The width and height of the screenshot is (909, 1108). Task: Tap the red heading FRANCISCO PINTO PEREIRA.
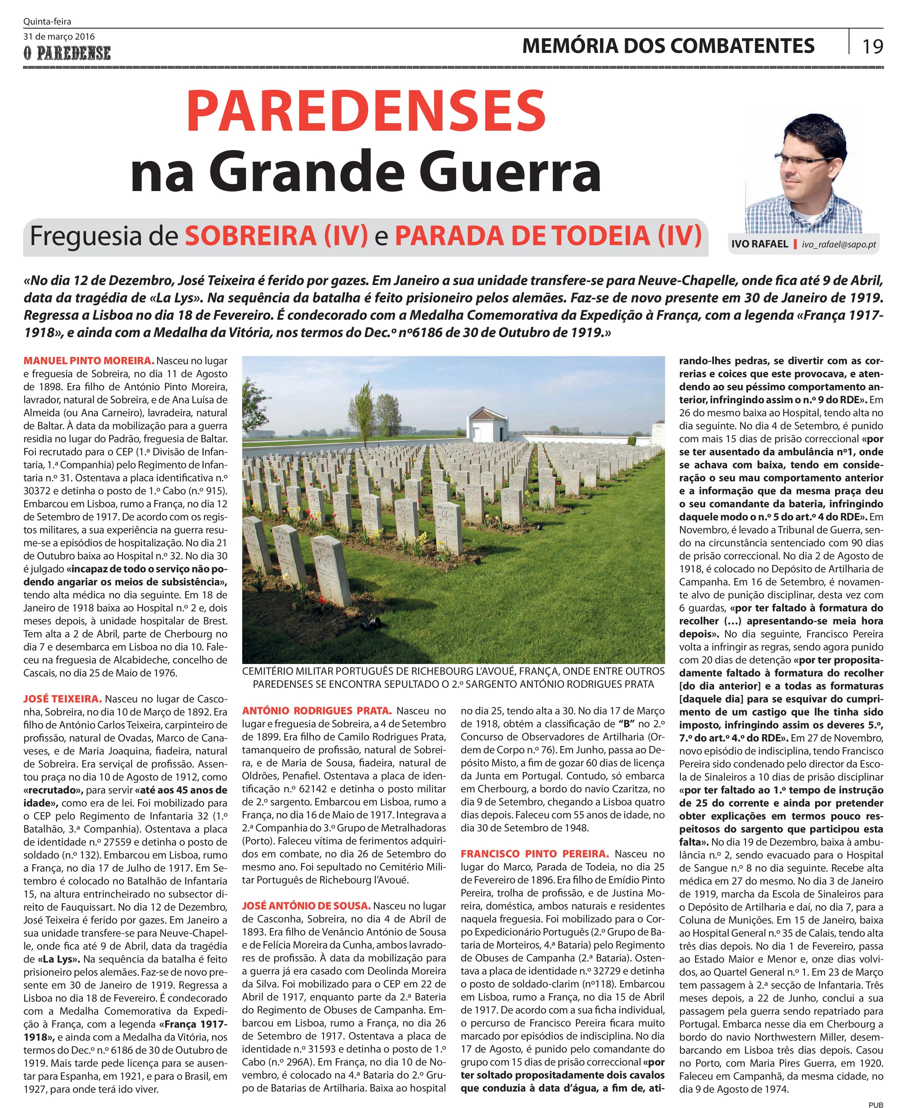click(x=535, y=854)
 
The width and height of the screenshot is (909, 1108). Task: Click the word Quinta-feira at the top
click(x=47, y=21)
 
